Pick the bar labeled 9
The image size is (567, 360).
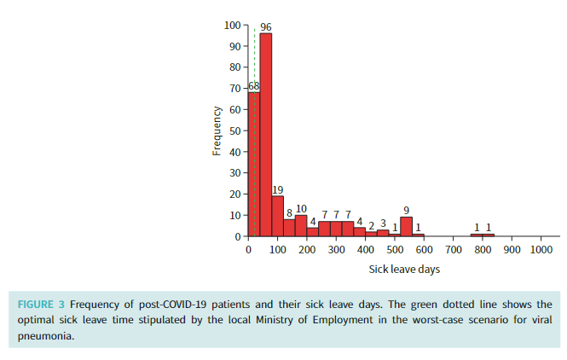coord(406,226)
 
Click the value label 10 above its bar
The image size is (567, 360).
coord(301,209)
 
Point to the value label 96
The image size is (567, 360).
coord(266,27)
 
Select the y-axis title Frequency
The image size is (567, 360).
coord(217,131)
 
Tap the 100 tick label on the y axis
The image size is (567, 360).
coord(232,26)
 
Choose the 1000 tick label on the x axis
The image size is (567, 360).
coord(541,250)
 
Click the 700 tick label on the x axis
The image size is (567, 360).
coord(453,250)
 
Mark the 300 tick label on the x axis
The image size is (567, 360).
coord(336,250)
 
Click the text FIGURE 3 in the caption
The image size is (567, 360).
coord(42,305)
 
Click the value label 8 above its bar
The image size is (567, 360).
coord(289,213)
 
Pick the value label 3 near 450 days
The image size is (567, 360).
coord(383,224)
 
